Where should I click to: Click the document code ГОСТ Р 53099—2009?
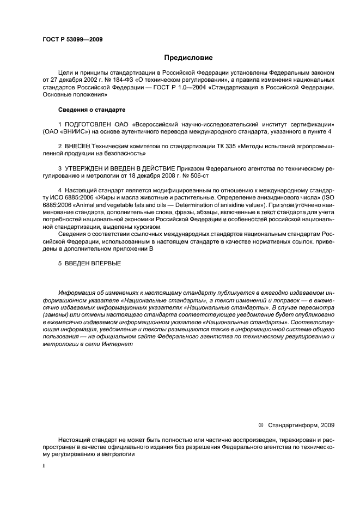tap(72, 39)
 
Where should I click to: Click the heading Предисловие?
tap(188, 57)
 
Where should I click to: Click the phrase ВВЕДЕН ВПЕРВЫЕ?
tap(93, 264)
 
